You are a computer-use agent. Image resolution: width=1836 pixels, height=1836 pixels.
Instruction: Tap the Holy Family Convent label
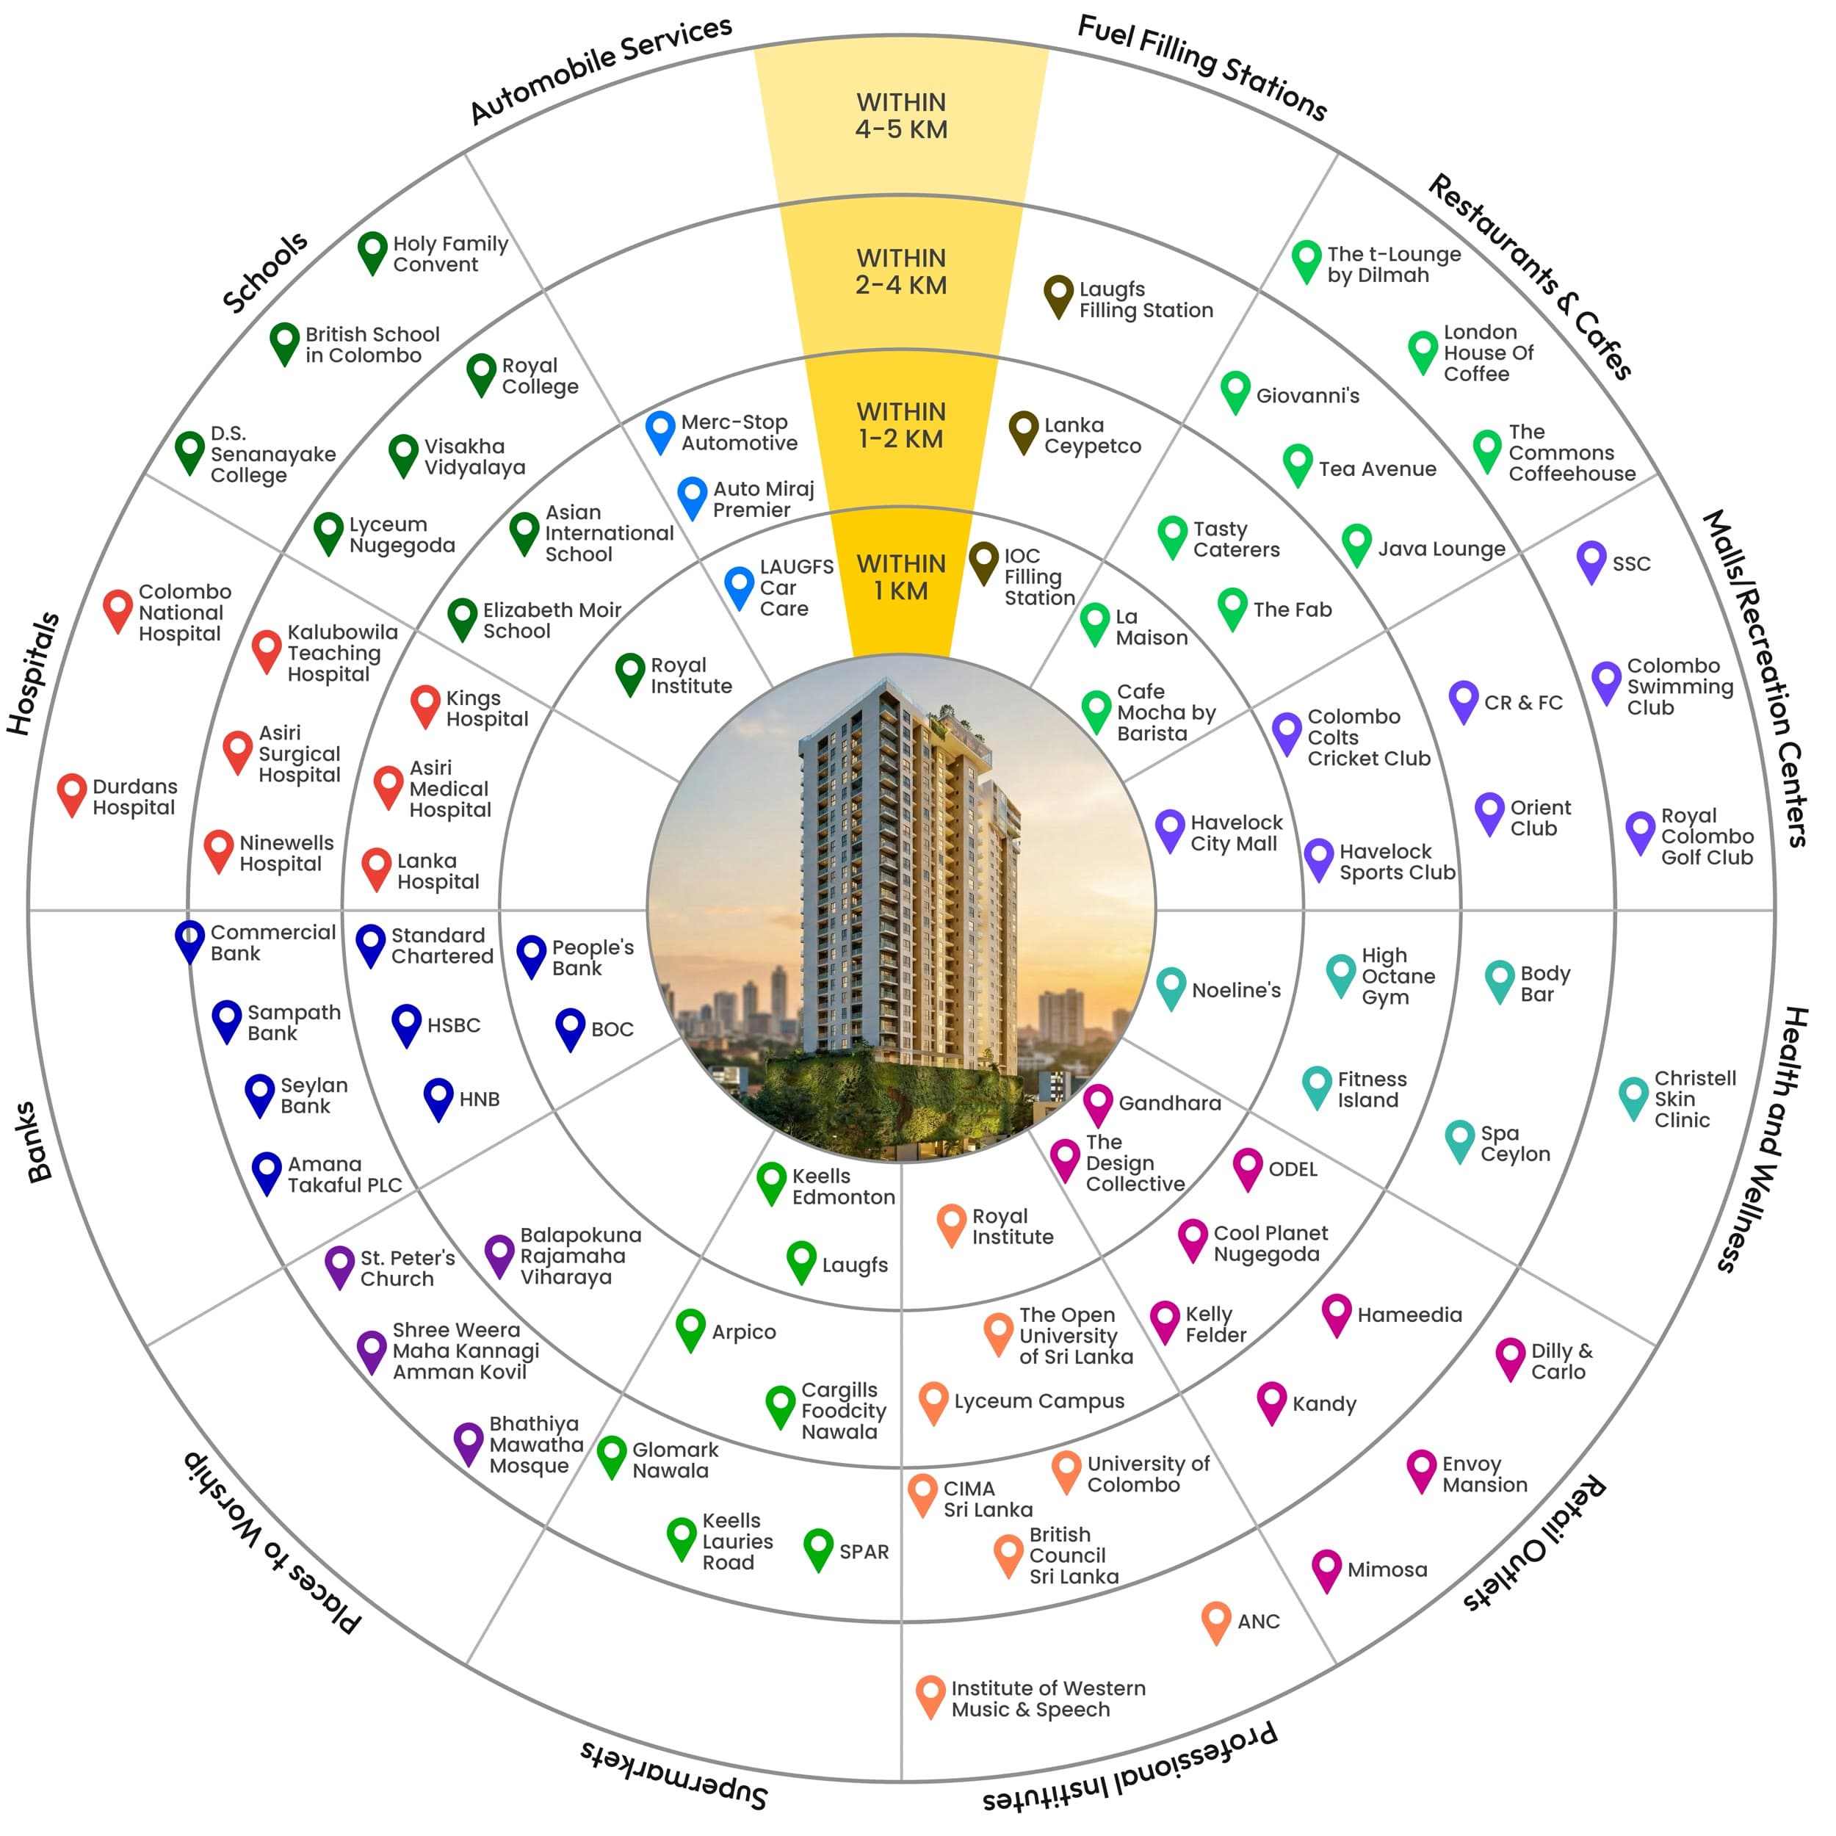[450, 253]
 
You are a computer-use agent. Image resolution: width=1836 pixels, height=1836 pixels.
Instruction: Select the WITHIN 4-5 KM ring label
[901, 116]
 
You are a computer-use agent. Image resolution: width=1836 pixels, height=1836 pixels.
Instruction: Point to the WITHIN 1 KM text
[901, 577]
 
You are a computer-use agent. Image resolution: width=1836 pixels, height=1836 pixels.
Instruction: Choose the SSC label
[1632, 563]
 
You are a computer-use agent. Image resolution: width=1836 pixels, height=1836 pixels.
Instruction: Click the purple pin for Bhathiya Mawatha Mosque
[469, 1445]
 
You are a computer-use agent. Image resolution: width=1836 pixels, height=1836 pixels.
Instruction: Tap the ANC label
[1258, 1622]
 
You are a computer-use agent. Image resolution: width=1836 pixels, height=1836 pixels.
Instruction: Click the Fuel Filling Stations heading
[1202, 68]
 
